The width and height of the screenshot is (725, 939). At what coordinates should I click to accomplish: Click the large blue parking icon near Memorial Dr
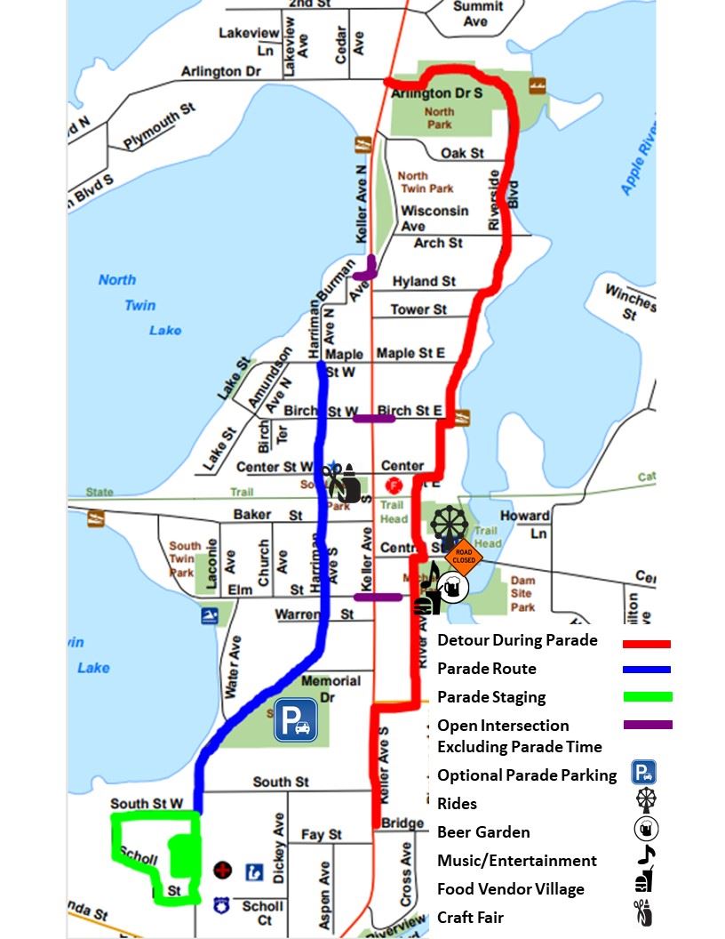pos(295,719)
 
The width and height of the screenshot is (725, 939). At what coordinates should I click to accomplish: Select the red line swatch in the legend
pos(646,643)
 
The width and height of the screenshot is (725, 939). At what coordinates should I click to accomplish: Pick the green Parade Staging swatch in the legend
pos(646,697)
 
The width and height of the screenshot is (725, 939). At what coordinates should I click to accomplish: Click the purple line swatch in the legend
pos(646,726)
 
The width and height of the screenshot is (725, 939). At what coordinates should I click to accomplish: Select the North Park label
pos(439,118)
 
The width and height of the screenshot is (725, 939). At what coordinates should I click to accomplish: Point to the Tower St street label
pos(418,309)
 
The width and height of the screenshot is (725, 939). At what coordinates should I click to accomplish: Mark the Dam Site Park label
pos(522,593)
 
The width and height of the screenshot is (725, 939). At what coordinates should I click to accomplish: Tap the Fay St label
pos(321,835)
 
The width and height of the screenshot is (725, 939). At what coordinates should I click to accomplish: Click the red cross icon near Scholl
pos(222,870)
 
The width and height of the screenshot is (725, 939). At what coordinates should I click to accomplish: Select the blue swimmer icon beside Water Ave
pos(210,616)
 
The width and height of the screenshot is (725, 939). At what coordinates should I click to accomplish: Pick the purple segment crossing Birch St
pos(374,418)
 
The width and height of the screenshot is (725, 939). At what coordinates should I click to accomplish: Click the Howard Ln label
pos(524,525)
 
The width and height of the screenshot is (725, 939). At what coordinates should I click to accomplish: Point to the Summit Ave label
pos(476,13)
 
